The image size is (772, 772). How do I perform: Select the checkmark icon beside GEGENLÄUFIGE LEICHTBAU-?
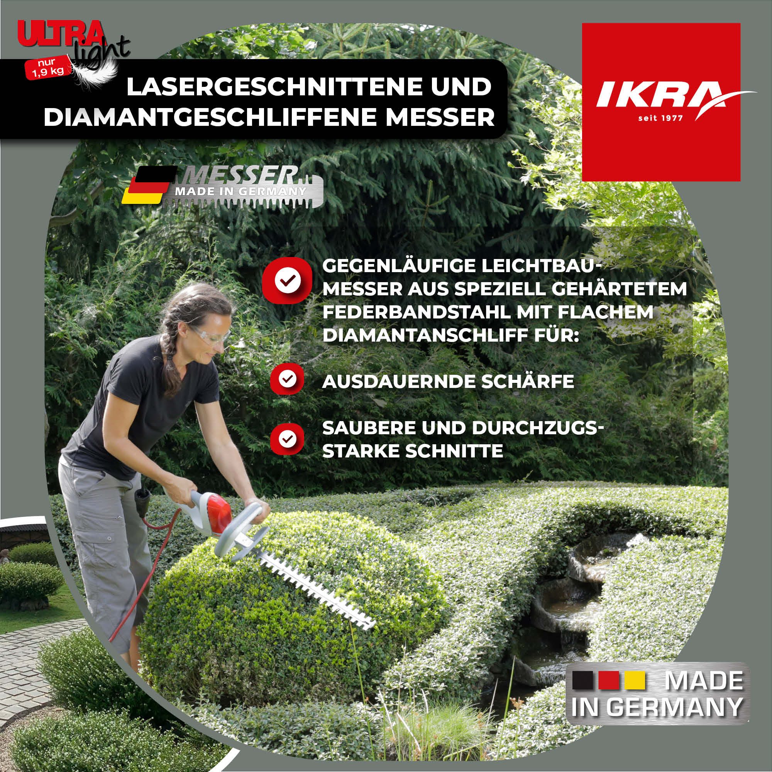click(x=287, y=279)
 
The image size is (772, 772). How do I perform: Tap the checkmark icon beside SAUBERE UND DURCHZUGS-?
click(x=287, y=438)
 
